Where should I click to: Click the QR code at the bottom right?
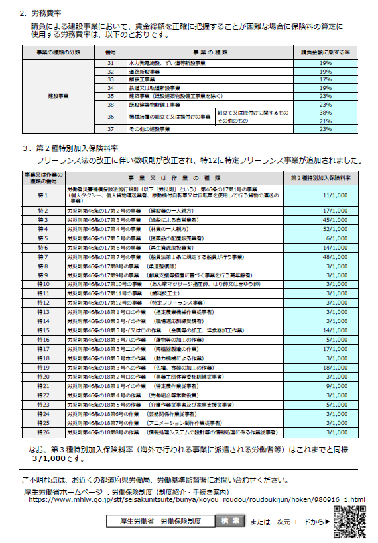349,522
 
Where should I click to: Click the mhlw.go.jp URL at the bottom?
197,499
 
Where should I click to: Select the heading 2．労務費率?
41,12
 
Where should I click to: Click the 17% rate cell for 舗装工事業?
325,79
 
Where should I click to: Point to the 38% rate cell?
325,113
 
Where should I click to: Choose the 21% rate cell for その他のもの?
325,121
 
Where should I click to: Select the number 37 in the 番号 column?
111,129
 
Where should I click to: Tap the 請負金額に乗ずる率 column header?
325,51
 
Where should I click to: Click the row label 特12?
44,303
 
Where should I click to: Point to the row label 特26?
44,432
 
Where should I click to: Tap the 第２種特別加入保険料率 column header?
321,177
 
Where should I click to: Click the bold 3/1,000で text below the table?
50,457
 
